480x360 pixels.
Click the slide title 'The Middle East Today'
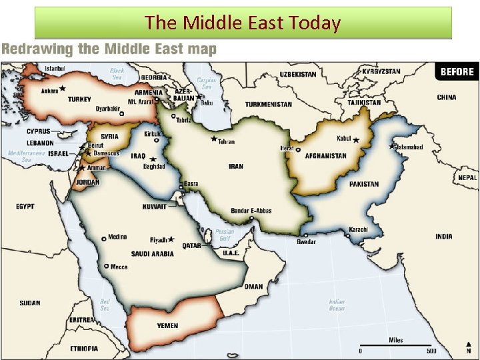243,23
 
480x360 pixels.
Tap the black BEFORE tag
457,72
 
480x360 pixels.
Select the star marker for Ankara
63,88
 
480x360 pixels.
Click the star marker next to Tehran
214,139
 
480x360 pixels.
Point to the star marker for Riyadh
171,239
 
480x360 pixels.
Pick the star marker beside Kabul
356,140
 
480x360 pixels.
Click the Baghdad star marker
153,159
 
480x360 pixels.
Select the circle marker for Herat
298,150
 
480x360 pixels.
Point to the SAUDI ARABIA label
153,254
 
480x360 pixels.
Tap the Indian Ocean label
337,305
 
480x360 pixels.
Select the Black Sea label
117,73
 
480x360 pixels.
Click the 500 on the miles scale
432,351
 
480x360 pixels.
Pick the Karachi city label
358,230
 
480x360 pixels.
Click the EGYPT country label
25,207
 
